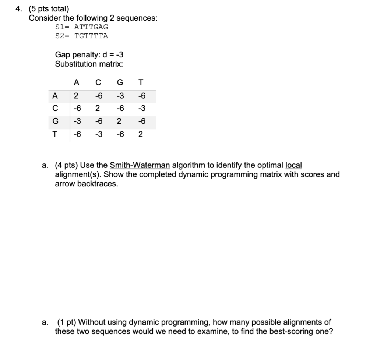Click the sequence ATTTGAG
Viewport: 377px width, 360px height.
[91, 27]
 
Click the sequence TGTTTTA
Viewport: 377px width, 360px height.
[91, 36]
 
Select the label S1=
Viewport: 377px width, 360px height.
[63, 27]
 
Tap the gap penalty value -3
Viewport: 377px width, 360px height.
[119, 55]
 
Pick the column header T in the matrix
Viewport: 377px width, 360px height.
[141, 82]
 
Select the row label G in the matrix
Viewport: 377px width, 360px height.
[55, 121]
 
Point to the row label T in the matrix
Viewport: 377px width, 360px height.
[55, 134]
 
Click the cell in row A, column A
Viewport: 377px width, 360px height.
[76, 96]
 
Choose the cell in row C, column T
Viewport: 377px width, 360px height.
[141, 109]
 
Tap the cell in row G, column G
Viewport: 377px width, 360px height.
[119, 121]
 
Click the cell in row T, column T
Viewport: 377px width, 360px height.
[141, 134]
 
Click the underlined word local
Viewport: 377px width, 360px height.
[293, 165]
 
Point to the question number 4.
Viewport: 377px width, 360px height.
[18, 9]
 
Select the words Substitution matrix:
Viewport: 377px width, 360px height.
[89, 64]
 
